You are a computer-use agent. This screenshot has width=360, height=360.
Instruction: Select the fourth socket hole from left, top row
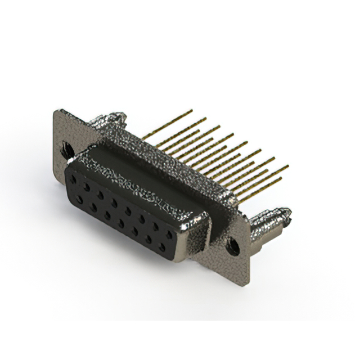pyautogui.click(x=114, y=198)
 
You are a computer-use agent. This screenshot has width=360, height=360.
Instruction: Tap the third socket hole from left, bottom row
pyautogui.click(x=106, y=214)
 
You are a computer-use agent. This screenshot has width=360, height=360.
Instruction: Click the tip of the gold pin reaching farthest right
pyautogui.click(x=288, y=166)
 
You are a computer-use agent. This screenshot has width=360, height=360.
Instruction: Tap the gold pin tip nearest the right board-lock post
pyautogui.click(x=280, y=178)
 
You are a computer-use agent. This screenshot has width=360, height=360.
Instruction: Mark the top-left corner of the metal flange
pyautogui.click(x=54, y=111)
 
